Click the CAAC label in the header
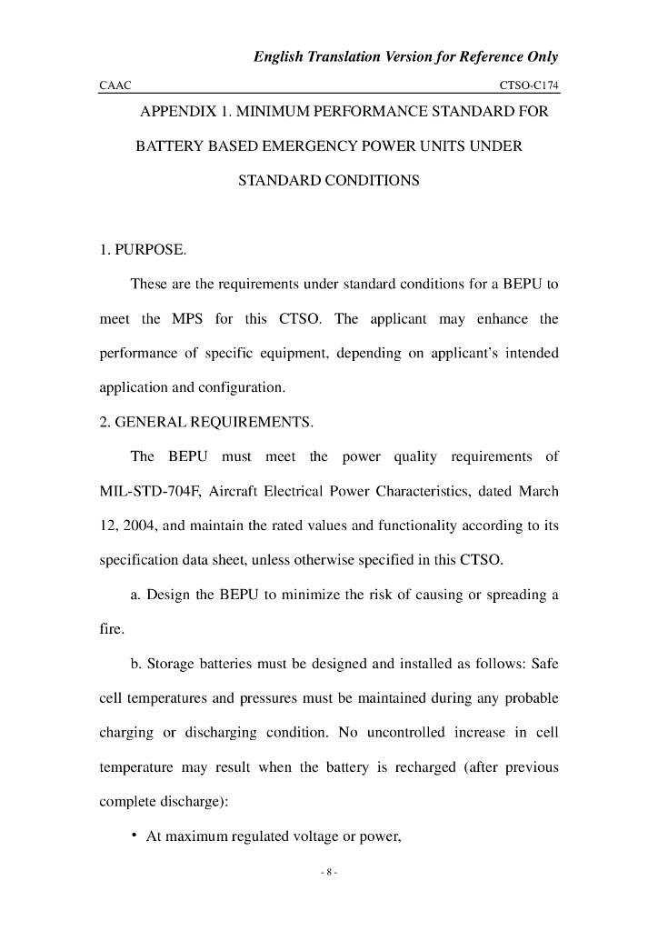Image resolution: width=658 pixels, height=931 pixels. (115, 85)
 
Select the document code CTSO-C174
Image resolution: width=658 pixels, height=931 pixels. (528, 85)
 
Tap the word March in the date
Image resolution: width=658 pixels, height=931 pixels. (538, 492)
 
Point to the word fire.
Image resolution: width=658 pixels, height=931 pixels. (112, 630)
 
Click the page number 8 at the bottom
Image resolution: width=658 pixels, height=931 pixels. (329, 873)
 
